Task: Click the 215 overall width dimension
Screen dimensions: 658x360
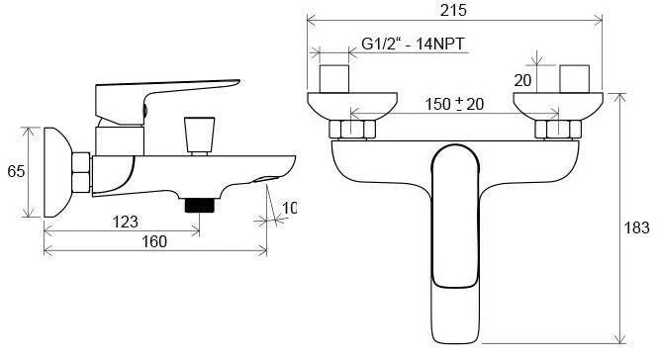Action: [x=453, y=10]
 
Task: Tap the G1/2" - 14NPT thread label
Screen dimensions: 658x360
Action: [x=413, y=44]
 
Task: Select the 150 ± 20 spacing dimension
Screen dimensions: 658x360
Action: [x=454, y=104]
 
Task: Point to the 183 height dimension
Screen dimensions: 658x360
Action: [x=636, y=227]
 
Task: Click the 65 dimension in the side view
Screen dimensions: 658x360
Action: [x=16, y=171]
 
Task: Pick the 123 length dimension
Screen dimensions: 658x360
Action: [x=125, y=222]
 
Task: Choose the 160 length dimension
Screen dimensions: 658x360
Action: [x=154, y=241]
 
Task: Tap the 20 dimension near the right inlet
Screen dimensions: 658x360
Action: [x=522, y=80]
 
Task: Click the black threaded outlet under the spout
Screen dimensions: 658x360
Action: [x=200, y=205]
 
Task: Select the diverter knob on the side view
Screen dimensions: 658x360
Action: [x=199, y=135]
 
